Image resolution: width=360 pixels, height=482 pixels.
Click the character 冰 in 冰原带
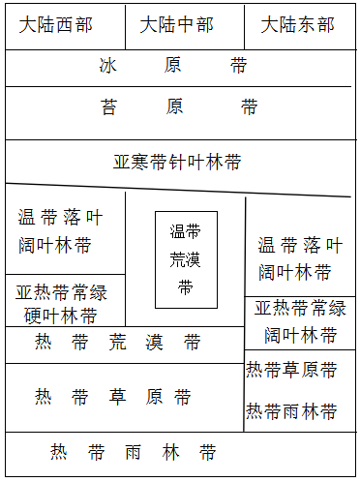[x=108, y=67]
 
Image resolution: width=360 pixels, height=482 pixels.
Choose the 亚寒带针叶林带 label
[x=177, y=162]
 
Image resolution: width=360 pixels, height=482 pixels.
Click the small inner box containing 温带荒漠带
[x=186, y=259]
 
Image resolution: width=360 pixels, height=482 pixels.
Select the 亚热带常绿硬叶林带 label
[x=61, y=304]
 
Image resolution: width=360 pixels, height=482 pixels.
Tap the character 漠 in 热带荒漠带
[x=154, y=342]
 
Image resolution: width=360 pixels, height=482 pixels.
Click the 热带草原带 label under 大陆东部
[x=291, y=370]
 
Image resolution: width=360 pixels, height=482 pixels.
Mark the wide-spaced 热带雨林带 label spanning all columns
[x=134, y=453]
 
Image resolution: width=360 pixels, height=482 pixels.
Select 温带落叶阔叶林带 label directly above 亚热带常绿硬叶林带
[x=57, y=231]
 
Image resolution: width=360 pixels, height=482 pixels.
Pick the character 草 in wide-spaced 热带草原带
[x=117, y=397]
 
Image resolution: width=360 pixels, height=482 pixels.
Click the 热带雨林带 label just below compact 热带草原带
[x=291, y=411]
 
